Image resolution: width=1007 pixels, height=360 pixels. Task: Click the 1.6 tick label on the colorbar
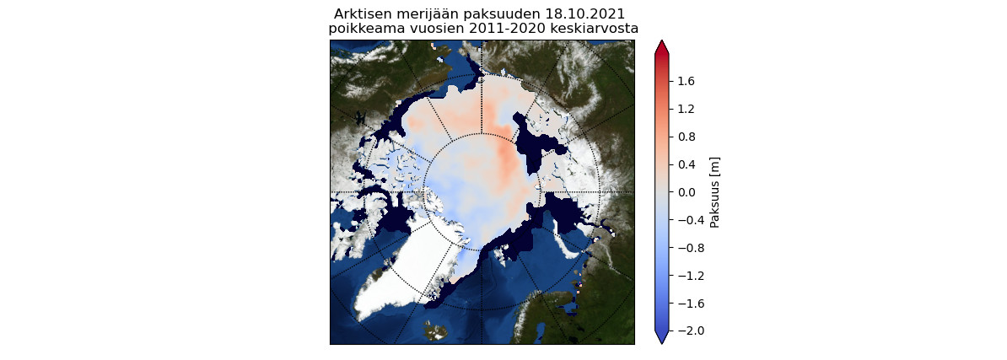686,81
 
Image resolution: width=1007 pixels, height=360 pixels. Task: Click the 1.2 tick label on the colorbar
686,109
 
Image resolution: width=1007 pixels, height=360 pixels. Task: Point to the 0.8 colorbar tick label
686,137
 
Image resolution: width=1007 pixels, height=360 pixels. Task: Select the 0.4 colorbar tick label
686,164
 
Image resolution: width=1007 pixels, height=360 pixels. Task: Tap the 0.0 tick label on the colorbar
686,192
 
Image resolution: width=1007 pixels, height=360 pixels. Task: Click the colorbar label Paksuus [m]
714,192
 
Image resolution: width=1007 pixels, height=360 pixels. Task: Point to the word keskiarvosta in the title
595,29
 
